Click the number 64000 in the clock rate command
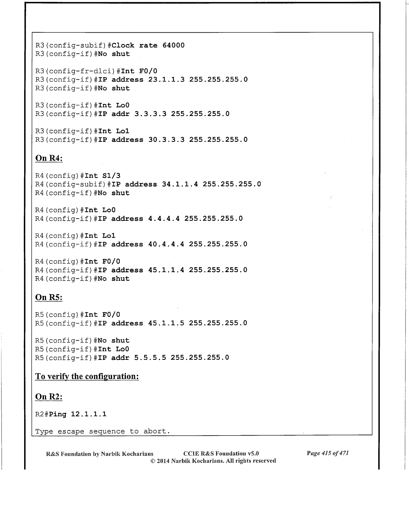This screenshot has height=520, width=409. point(173,45)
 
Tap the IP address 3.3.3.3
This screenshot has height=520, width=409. point(150,114)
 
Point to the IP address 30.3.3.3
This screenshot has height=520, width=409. point(166,140)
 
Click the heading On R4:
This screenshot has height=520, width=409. point(49,158)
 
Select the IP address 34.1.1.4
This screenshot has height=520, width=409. point(180,184)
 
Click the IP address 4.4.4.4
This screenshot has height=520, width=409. point(164,219)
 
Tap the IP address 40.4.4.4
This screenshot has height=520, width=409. point(166,244)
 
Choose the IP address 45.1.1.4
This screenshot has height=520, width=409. point(166,270)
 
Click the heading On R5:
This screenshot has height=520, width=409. point(49,297)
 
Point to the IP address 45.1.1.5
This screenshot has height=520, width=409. point(166,323)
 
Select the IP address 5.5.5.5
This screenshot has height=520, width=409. point(150,358)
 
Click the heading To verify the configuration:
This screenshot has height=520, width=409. point(87,376)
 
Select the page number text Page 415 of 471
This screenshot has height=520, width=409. point(327,453)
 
